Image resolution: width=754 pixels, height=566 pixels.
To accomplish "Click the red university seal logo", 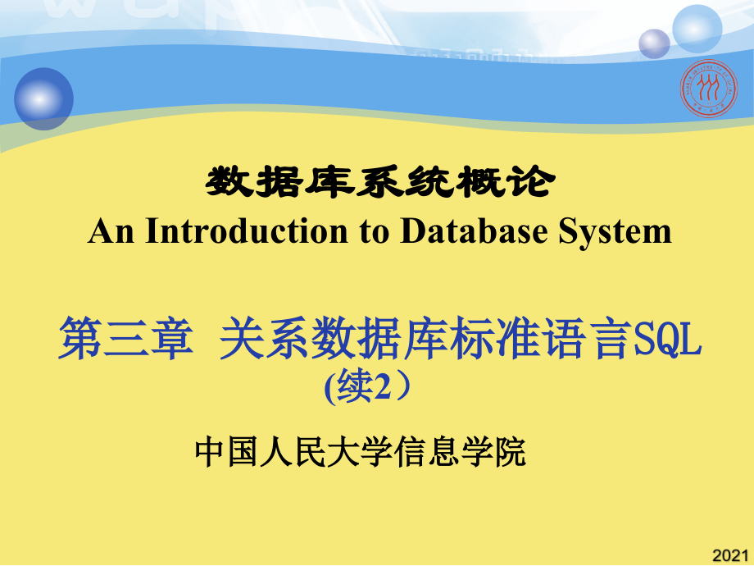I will click(709, 87).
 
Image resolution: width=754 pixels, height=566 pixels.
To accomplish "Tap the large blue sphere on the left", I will click(43, 98).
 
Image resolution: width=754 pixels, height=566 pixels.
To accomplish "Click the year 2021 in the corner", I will click(732, 555).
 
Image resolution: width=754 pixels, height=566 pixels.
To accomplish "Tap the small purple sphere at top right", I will click(654, 43).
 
